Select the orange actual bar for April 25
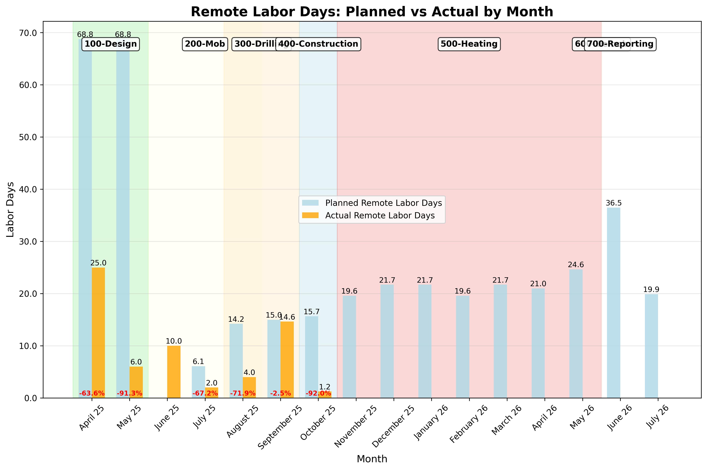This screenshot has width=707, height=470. pos(98,333)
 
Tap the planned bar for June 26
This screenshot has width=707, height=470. pos(614,303)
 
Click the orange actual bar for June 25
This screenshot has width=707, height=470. pos(174,372)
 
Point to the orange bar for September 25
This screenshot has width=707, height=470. pos(287,360)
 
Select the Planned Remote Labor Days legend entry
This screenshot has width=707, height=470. pos(383,203)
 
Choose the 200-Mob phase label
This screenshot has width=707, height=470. pos(205,44)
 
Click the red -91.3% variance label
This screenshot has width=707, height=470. pos(129,393)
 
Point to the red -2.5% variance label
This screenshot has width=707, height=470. pos(280,393)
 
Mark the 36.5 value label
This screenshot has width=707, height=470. pos(614,203)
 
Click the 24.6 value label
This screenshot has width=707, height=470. pos(576,265)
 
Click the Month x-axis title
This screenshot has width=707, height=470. pos(372,459)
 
